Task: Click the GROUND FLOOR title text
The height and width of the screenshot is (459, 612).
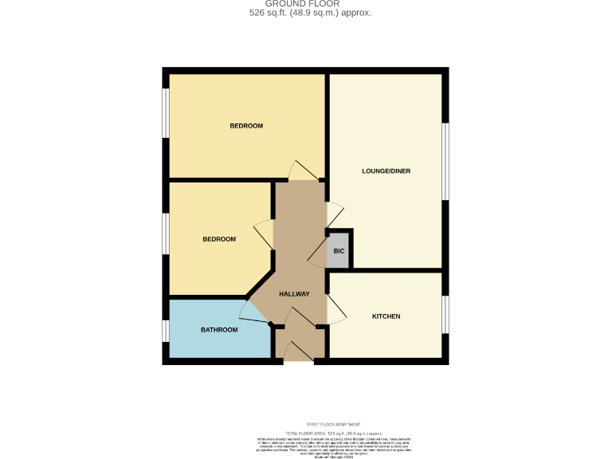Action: (307, 3)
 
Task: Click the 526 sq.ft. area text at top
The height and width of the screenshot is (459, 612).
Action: (306, 13)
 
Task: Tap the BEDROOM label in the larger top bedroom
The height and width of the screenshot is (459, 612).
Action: (246, 126)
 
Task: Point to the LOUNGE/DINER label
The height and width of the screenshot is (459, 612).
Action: (386, 171)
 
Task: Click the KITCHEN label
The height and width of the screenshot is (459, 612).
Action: (386, 316)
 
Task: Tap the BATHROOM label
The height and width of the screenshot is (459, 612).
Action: (218, 329)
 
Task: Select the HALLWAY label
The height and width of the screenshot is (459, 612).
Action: (293, 295)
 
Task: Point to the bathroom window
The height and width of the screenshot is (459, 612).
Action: (165, 330)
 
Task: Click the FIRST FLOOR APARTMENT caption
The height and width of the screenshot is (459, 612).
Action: (333, 424)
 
